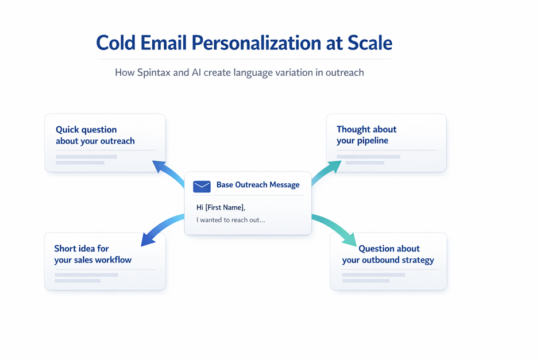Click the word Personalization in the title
click(x=256, y=44)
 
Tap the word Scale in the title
click(x=370, y=42)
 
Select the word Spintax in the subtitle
click(x=153, y=72)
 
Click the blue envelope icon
click(x=202, y=186)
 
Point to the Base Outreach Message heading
click(x=258, y=185)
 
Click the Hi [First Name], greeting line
click(x=221, y=207)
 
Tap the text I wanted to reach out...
click(x=231, y=220)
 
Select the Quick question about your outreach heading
click(x=95, y=136)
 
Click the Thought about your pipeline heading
click(x=367, y=134)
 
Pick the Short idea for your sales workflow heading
click(x=92, y=254)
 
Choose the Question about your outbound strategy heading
click(x=388, y=254)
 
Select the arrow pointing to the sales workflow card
click(x=161, y=228)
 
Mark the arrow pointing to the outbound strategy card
click(x=335, y=227)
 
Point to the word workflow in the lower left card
click(x=114, y=260)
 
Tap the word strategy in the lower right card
click(x=418, y=260)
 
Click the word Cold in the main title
click(x=115, y=43)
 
